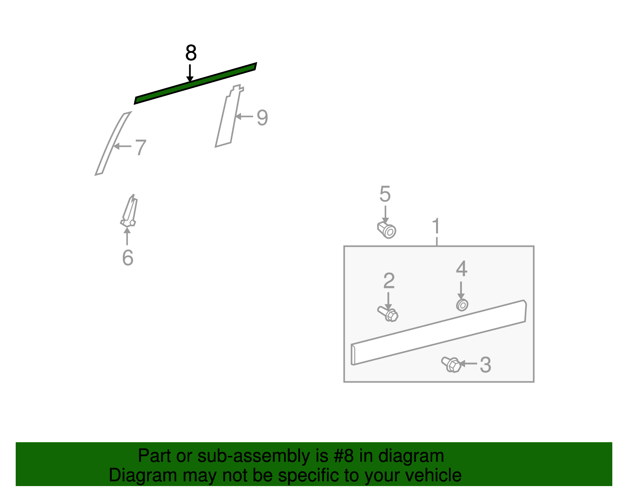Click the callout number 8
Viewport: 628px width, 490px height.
(191, 53)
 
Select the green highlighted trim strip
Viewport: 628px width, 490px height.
(195, 83)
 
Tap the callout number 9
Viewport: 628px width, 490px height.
(263, 118)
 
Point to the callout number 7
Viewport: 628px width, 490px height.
(141, 147)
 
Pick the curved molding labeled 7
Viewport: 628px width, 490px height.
(113, 144)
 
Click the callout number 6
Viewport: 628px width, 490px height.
(128, 257)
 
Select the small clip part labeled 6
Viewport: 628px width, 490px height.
(129, 211)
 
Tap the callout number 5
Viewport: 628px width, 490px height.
(385, 194)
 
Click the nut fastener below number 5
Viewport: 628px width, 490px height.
(387, 230)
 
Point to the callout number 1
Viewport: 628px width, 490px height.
(436, 226)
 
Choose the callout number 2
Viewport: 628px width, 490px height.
(389, 281)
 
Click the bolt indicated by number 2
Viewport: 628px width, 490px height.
(388, 314)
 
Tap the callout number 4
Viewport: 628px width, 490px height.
(462, 268)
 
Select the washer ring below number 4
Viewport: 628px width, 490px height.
(462, 305)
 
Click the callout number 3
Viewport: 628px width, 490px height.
(486, 365)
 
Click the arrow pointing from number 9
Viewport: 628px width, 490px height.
(244, 117)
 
